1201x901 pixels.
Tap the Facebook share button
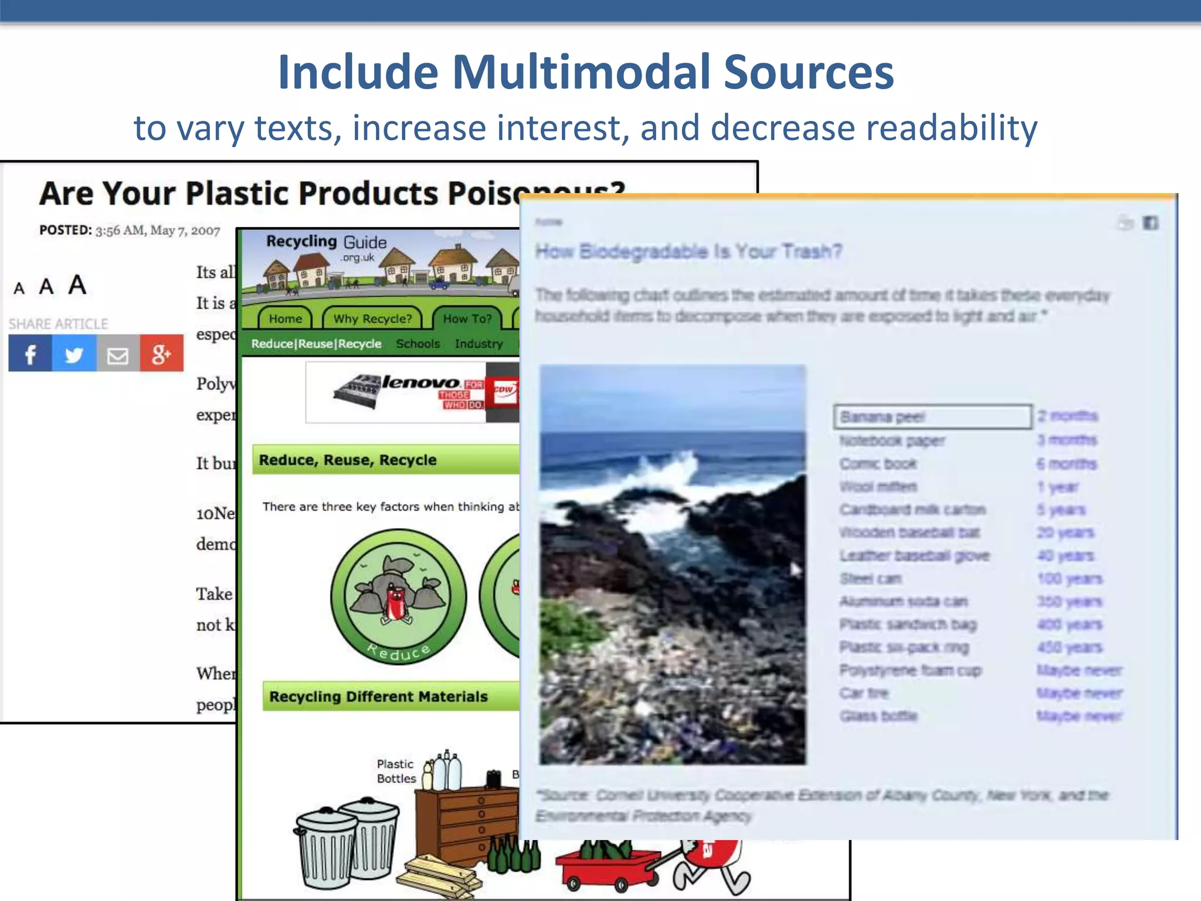[30, 354]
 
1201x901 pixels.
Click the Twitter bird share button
[74, 354]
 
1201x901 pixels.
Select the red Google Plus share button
[161, 354]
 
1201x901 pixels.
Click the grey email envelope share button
[118, 354]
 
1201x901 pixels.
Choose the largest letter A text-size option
[77, 285]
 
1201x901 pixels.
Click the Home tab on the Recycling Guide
[286, 319]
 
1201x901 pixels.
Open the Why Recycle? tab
[372, 319]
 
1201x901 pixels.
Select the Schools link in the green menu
[418, 344]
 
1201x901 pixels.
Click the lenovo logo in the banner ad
[420, 383]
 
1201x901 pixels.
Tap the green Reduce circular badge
[398, 597]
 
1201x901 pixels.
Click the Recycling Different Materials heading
[378, 696]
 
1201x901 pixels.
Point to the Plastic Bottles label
[396, 771]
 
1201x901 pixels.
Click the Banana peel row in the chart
[932, 416]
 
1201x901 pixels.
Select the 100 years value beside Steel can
[1070, 579]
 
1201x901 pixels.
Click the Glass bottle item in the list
[878, 716]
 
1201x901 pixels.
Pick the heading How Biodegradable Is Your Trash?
[688, 252]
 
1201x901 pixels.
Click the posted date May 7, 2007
[185, 231]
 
